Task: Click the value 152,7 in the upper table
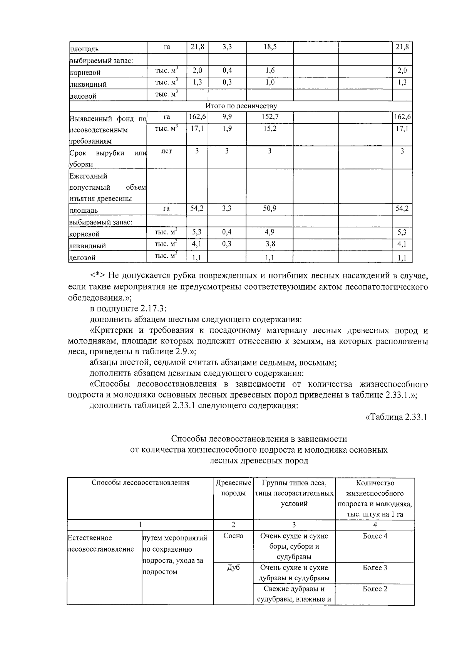coord(269,117)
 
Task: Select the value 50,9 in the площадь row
coord(269,209)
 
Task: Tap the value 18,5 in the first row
coord(269,47)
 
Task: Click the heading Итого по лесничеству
coord(241,106)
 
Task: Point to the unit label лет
coord(166,151)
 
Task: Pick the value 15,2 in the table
coord(269,128)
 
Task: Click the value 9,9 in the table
coord(227,117)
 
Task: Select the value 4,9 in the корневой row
coord(269,232)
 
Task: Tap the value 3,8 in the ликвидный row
coord(269,244)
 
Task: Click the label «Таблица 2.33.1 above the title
coord(396,418)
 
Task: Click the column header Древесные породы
coord(233,488)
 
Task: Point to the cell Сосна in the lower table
coord(233,536)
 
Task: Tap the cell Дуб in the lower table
coord(233,567)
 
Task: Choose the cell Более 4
coord(375,536)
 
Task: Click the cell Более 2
coord(375,589)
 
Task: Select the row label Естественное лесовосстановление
coord(101,543)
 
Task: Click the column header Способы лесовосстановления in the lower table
coord(141,483)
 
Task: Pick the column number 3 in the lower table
coord(294,525)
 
